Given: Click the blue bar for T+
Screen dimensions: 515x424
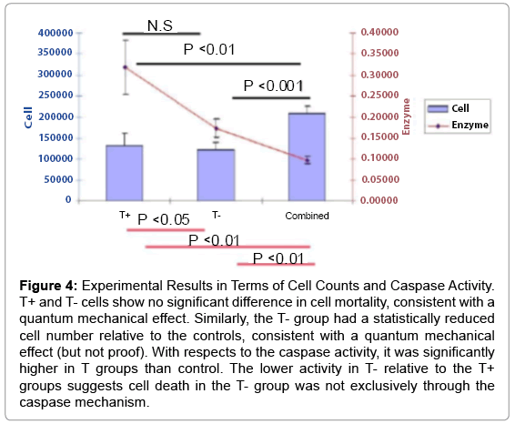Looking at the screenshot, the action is pos(124,173).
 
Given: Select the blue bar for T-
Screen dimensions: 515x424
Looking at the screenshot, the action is pos(216,175).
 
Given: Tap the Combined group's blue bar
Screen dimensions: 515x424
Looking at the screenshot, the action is pos(307,156).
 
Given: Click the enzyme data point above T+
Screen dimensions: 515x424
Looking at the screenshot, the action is pos(126,67).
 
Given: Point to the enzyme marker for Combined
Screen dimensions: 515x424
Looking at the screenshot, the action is pos(308,161).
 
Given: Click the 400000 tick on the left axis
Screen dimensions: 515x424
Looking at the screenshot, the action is pos(56,33).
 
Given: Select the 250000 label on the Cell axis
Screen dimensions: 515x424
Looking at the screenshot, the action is pos(56,96).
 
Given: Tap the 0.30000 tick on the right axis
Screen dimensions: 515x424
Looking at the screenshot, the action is pos(379,75).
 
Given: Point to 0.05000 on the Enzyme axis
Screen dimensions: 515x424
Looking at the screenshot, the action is pos(380,179).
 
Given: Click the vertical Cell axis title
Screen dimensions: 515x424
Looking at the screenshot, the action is pos(28,117).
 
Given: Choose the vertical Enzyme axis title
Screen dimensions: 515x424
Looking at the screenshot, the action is pos(407,116).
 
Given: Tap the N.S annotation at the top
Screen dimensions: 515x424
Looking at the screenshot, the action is pos(160,25).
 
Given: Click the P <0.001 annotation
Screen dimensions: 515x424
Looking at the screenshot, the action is pos(273,86).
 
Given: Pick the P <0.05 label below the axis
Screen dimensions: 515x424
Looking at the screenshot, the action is pos(164,219).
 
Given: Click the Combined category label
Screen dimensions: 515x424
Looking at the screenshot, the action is pos(308,216).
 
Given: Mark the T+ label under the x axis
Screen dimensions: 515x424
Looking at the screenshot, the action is pos(125,215).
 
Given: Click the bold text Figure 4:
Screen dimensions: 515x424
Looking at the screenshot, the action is pos(48,286).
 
